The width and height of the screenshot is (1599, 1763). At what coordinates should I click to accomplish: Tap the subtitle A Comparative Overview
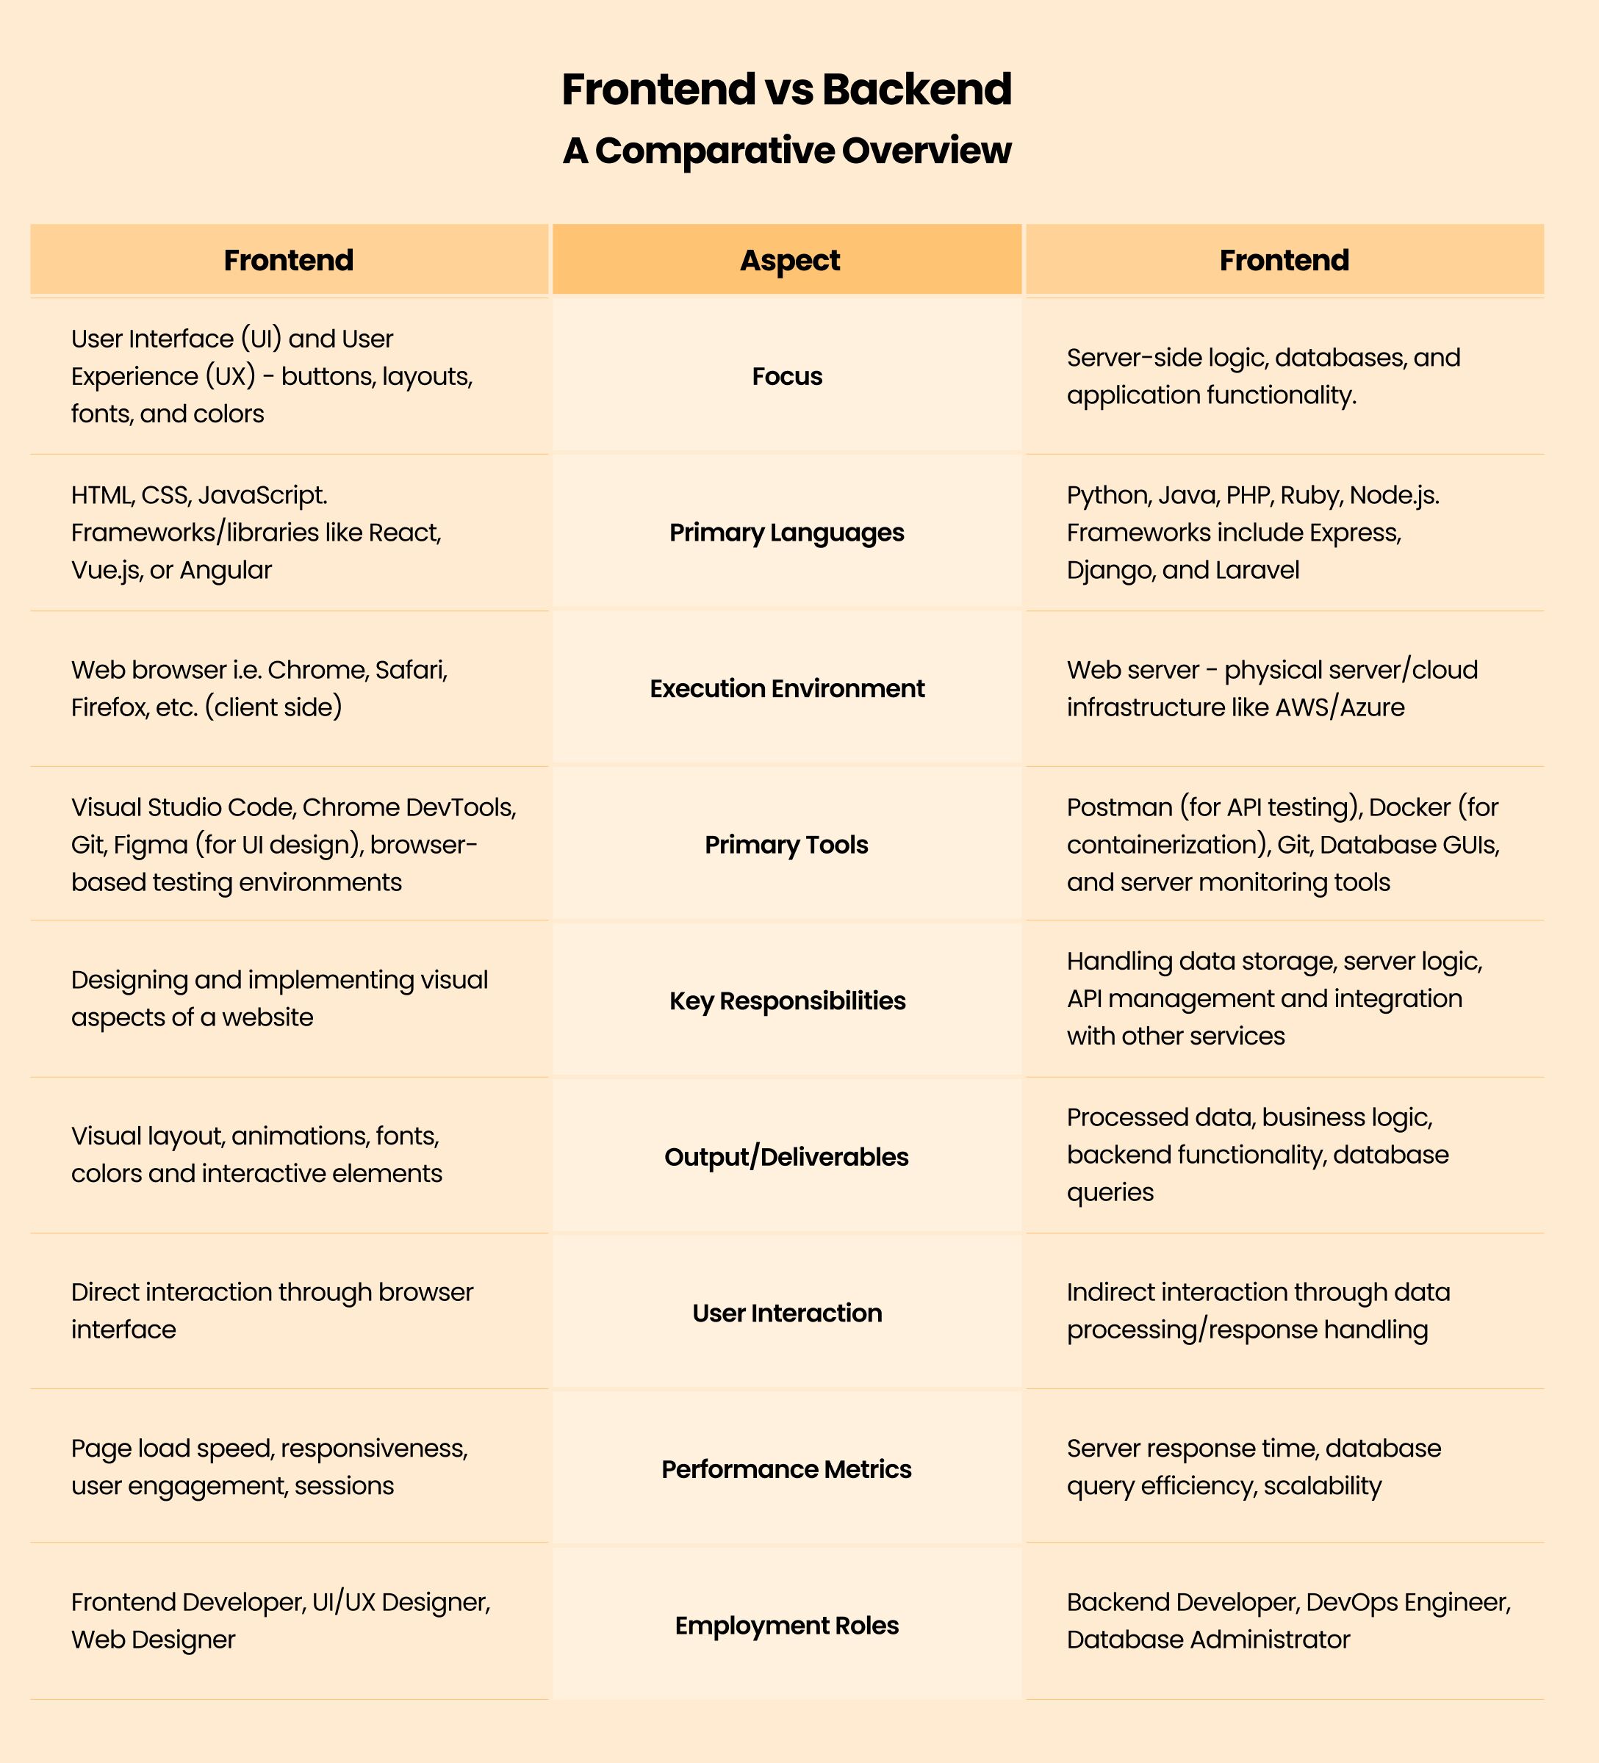(786, 151)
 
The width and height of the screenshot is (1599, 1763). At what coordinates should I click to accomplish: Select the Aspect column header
(789, 260)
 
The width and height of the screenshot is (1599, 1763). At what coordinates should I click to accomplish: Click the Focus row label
(786, 376)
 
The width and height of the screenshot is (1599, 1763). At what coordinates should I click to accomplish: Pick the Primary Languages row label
(786, 533)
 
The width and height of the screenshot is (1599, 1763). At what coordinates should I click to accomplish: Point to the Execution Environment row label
(786, 688)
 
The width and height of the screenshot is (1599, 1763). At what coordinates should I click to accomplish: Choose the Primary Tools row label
(786, 845)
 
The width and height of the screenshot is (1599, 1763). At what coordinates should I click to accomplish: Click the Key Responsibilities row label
(786, 1001)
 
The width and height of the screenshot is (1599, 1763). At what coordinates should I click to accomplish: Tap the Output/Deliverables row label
(786, 1157)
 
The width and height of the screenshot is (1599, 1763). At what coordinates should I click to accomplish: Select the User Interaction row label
(786, 1313)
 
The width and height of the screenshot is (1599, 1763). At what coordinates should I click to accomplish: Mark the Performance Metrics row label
(786, 1469)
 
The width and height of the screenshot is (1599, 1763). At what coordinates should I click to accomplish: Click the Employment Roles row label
(786, 1625)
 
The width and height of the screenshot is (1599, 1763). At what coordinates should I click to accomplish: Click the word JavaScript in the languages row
(262, 496)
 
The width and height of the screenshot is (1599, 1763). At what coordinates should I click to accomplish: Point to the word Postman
(1118, 807)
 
